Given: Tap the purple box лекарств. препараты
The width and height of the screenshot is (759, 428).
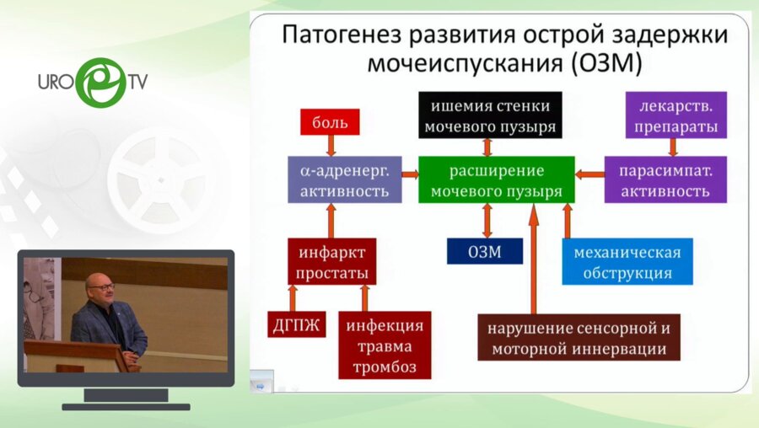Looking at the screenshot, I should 672,116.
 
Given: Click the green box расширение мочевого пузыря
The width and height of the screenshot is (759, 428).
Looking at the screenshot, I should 496,179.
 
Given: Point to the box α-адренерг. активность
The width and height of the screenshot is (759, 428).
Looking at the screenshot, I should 343,179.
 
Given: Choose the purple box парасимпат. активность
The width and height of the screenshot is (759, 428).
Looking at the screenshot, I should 665,179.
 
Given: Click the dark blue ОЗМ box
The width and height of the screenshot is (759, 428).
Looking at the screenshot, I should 484,251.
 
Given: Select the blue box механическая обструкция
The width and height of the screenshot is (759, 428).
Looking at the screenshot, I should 627,261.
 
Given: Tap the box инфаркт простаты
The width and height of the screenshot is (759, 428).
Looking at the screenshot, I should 331,261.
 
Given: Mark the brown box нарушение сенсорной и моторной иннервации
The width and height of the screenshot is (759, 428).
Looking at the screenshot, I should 579,338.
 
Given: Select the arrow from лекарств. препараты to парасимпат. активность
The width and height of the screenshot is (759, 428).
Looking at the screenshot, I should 672,147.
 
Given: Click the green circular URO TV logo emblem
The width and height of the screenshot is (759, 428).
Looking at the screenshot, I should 100,82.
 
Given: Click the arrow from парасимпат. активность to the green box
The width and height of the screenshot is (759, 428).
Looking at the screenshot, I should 589,174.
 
